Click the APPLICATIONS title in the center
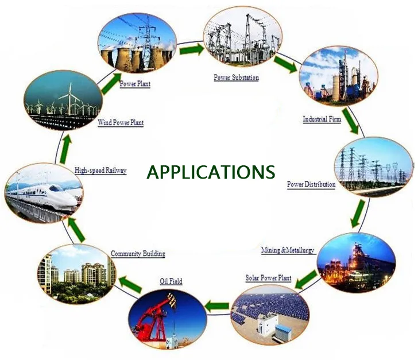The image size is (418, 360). click(211, 172)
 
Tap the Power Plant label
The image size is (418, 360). click(135, 84)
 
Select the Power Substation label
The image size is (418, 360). click(236, 77)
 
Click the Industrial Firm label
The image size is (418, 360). click(323, 119)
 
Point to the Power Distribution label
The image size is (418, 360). click(311, 185)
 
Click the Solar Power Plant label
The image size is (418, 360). click(268, 278)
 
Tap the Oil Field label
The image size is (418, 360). click(171, 281)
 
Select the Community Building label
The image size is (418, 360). click(138, 253)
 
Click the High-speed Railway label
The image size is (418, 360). click(100, 170)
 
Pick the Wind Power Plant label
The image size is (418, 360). click(121, 122)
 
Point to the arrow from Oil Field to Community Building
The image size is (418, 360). click(130, 281)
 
